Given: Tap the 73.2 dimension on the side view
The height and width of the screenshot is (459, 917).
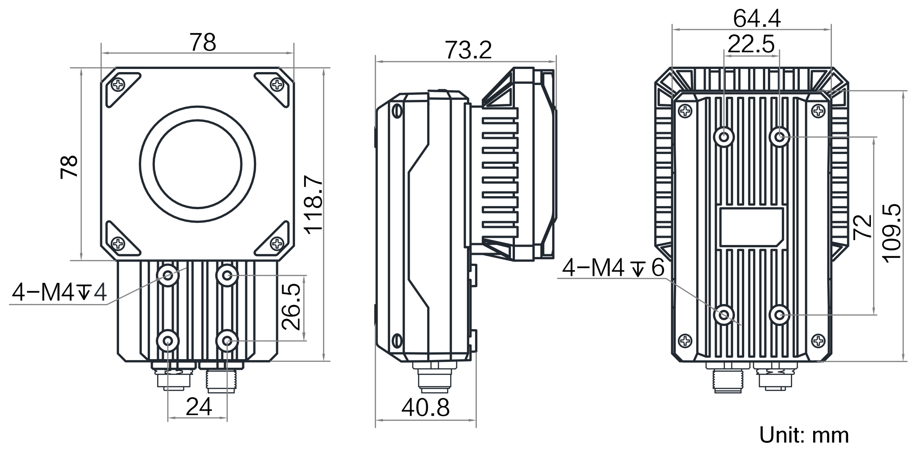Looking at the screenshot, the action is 468,50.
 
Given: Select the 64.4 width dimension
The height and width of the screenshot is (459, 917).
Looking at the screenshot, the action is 757,18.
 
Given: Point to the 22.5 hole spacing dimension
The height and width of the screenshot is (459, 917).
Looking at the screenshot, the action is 751,44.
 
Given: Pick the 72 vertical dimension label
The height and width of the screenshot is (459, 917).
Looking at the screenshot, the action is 862,227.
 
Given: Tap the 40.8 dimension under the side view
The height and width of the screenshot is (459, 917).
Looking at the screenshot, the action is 425,408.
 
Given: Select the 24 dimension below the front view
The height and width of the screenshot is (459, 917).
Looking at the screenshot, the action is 198,407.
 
